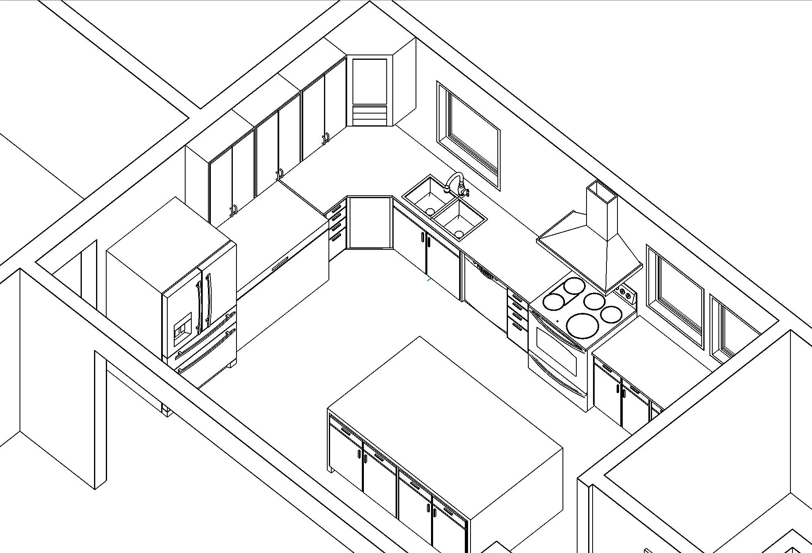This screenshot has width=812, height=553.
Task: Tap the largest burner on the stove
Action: (x=582, y=325)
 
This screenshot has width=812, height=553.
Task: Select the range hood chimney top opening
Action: (x=602, y=191)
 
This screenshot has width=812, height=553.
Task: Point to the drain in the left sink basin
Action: (x=430, y=211)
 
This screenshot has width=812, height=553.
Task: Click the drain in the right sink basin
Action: (x=459, y=234)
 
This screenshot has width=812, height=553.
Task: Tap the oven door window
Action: (x=556, y=350)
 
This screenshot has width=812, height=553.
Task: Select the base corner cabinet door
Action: (x=369, y=223)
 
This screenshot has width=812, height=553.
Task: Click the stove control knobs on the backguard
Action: (x=624, y=292)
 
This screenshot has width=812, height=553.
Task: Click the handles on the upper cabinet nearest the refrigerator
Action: (x=233, y=211)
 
